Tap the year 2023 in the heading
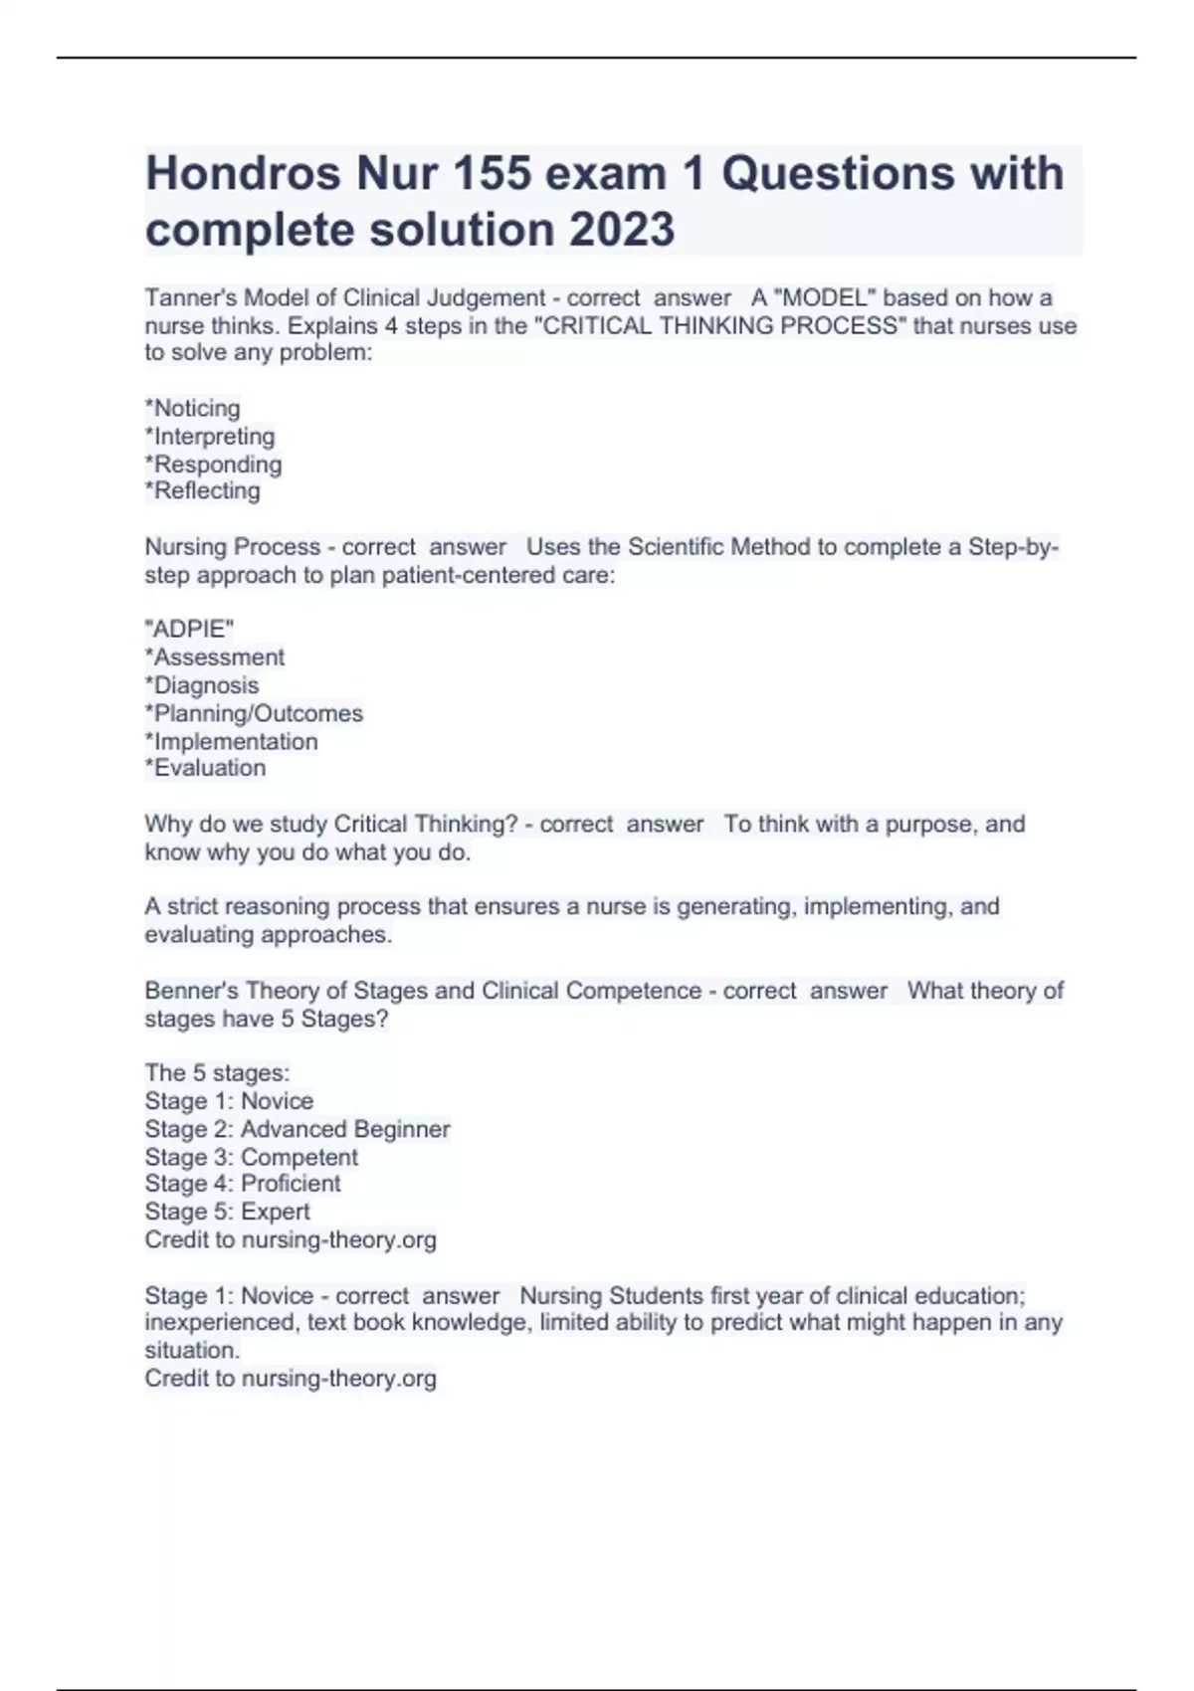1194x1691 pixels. coord(622,230)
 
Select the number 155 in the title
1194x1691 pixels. coord(502,174)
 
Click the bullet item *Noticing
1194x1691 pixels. coord(193,409)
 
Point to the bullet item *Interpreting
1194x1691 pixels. coord(210,437)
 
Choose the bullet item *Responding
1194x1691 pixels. coord(213,465)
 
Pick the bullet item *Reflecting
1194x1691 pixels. coord(202,491)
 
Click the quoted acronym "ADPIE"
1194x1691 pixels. coord(189,629)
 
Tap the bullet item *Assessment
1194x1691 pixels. coord(215,658)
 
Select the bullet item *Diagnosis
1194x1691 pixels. coord(202,685)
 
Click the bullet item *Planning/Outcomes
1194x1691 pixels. coord(254,713)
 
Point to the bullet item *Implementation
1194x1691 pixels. coord(232,741)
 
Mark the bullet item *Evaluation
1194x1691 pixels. coord(206,768)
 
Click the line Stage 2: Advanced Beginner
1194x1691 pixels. coord(298,1129)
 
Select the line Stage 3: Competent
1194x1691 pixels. coord(252,1157)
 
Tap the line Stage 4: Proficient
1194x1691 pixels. coord(243,1184)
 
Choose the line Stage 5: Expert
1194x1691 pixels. coord(227,1212)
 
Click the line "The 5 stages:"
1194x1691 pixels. coord(217,1073)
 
